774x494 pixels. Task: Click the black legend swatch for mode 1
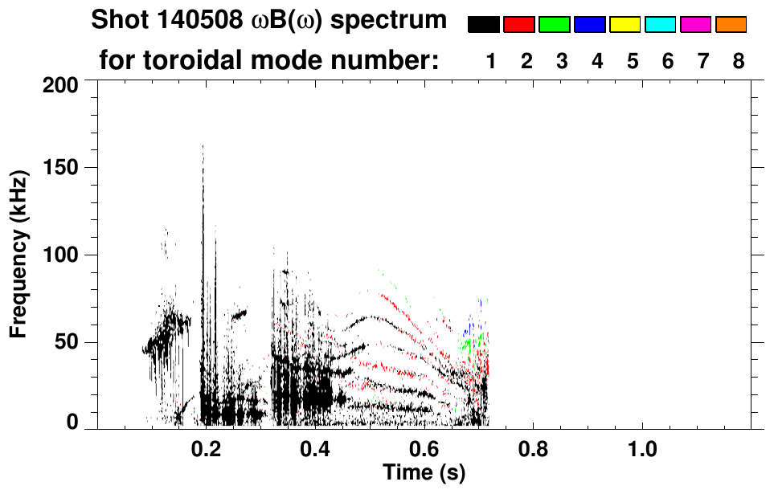[484, 25]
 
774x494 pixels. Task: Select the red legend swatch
[519, 25]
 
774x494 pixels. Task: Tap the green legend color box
[555, 25]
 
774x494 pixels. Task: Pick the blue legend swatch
[590, 25]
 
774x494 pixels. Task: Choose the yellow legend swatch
[625, 25]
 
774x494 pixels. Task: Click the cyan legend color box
[661, 25]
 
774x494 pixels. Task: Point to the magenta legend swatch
[696, 25]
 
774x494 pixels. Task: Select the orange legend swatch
[731, 25]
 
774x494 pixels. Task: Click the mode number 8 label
[739, 61]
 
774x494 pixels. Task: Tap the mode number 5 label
[633, 61]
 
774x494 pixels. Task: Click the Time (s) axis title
[424, 472]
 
